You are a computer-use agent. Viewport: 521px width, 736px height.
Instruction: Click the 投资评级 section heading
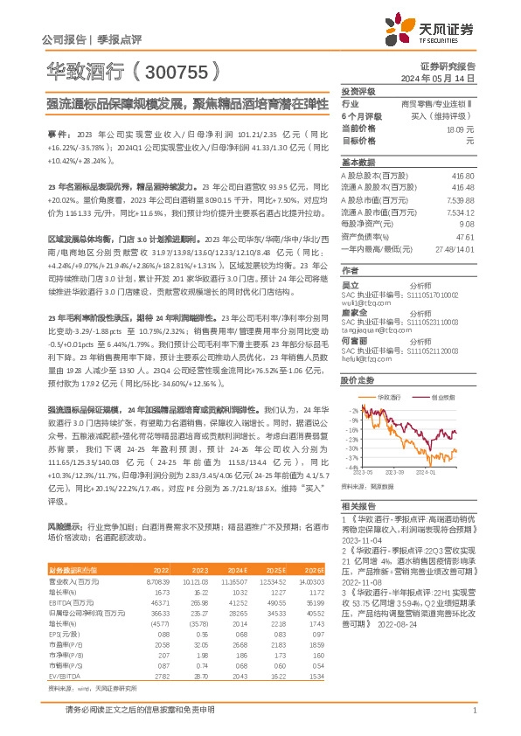pos(358,91)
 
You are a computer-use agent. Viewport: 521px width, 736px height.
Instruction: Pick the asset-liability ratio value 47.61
pos(465,236)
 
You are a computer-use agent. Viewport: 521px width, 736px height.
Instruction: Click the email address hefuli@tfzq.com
pos(363,357)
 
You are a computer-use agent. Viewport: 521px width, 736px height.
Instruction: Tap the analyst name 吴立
pos(349,284)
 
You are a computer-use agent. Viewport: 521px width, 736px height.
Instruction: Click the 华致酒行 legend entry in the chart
pos(391,396)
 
